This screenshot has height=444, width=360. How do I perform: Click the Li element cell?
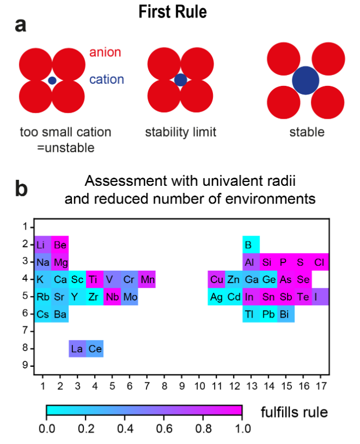[43, 245]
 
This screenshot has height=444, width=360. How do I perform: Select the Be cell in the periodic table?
[60, 245]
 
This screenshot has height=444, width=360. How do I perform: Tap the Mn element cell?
[146, 279]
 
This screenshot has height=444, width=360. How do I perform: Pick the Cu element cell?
[216, 279]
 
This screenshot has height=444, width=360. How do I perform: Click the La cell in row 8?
[77, 348]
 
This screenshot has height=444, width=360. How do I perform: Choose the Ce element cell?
[95, 348]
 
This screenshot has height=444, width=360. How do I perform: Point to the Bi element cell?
[285, 314]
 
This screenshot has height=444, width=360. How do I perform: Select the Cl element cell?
[320, 262]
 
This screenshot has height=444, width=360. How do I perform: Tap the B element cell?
[250, 245]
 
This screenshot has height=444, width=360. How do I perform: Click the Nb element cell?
[112, 297]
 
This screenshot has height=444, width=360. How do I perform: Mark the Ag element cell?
[216, 297]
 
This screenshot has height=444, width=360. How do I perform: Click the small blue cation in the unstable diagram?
[52, 80]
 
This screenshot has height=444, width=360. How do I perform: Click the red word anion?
[105, 53]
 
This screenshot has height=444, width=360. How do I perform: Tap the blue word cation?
[106, 80]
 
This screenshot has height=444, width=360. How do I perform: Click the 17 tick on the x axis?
[320, 385]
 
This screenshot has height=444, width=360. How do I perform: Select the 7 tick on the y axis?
[25, 331]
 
